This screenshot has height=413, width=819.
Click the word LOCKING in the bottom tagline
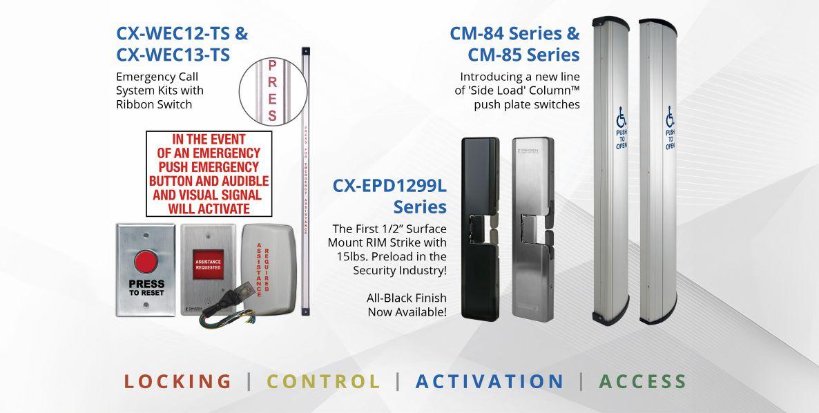pyautogui.click(x=178, y=381)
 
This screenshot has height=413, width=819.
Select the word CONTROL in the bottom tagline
pyautogui.click(x=324, y=381)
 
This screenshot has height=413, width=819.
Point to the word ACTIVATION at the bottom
pyautogui.click(x=490, y=381)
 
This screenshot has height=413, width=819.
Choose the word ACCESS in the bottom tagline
pyautogui.click(x=643, y=381)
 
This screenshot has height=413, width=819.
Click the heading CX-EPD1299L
pyautogui.click(x=389, y=186)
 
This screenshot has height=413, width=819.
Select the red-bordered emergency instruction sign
pyautogui.click(x=209, y=173)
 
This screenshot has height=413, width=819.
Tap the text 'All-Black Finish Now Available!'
pyautogui.click(x=407, y=305)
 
